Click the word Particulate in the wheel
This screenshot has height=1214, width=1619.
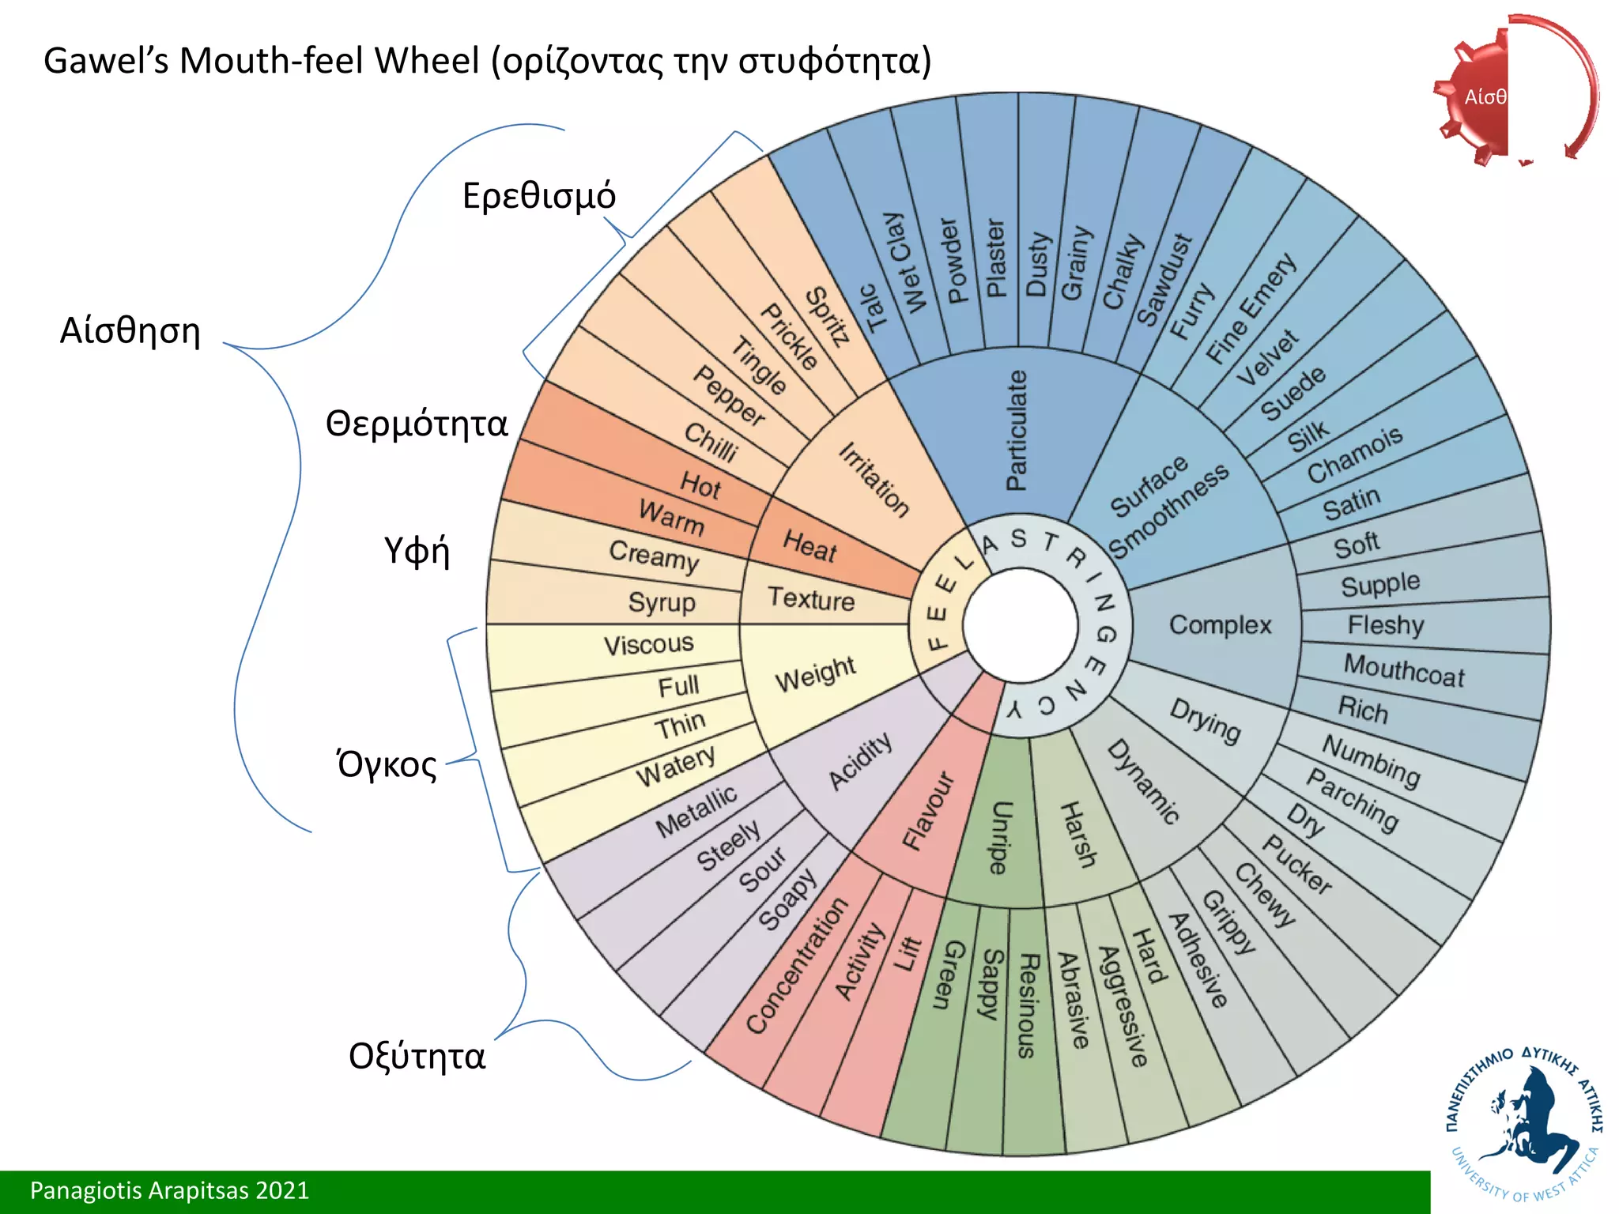tap(1017, 431)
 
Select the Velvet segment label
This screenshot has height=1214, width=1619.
tap(1266, 357)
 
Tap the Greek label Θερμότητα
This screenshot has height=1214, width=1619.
tap(417, 424)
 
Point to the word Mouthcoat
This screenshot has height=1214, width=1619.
tap(1404, 670)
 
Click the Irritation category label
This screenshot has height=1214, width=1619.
tap(874, 480)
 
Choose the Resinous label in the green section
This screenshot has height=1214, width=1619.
tap(1027, 1005)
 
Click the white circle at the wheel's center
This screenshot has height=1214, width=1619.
tap(1021, 625)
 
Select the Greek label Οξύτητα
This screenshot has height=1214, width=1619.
tap(417, 1056)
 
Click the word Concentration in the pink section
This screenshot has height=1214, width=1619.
tap(797, 965)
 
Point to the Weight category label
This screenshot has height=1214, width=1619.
tap(815, 673)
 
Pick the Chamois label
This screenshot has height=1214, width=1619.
tap(1354, 454)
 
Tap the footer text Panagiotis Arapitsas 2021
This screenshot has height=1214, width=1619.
tap(169, 1190)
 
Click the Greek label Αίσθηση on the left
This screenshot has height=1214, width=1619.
tap(130, 330)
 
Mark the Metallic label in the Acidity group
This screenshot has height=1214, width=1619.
tap(696, 810)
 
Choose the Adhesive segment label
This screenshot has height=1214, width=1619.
tap(1198, 960)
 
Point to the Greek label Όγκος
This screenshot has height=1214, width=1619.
tap(387, 764)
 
